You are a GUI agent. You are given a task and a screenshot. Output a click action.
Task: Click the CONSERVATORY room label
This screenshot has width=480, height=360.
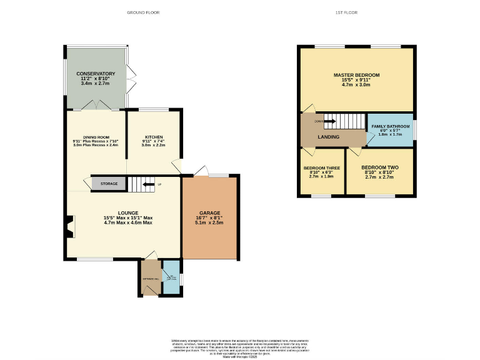tap(96, 74)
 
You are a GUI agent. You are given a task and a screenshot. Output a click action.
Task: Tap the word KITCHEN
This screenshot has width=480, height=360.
tap(154, 137)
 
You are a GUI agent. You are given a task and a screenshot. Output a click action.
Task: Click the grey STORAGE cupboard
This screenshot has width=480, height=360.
tap(109, 184)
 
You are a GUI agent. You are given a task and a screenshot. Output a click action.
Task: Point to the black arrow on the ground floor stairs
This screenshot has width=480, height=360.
tap(147, 184)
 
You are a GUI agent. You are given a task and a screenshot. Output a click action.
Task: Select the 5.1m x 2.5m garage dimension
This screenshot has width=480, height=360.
tap(209, 222)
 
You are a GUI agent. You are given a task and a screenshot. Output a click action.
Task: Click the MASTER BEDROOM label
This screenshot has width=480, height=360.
tap(356, 75)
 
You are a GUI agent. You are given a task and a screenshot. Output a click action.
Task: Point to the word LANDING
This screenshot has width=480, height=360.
tap(329, 137)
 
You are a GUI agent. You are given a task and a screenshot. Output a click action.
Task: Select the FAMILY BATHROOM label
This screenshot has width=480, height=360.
tap(390, 126)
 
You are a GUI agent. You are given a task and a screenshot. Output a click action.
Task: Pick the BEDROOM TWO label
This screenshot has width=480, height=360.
tap(380, 168)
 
